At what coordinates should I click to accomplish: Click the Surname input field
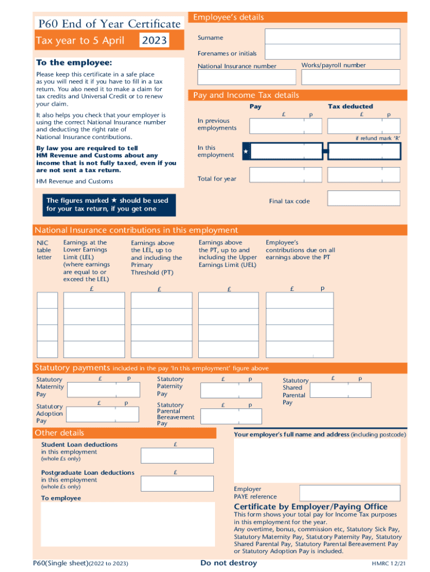[x=332, y=36]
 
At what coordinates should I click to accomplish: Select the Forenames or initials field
[x=332, y=52]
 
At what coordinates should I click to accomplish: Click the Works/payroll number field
[x=350, y=78]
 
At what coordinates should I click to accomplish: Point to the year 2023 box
[x=154, y=41]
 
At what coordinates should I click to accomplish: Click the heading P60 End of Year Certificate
[x=109, y=23]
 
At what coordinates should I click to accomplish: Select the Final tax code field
[x=364, y=198]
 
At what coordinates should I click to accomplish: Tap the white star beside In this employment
[x=246, y=151]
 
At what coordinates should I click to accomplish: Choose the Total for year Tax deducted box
[x=364, y=175]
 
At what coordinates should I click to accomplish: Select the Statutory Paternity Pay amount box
[x=236, y=389]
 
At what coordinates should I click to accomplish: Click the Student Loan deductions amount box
[x=176, y=455]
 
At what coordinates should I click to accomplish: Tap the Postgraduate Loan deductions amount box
[x=176, y=483]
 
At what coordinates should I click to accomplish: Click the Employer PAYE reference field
[x=350, y=493]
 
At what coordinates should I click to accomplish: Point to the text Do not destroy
[x=228, y=563]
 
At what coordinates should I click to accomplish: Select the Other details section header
[x=59, y=433]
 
